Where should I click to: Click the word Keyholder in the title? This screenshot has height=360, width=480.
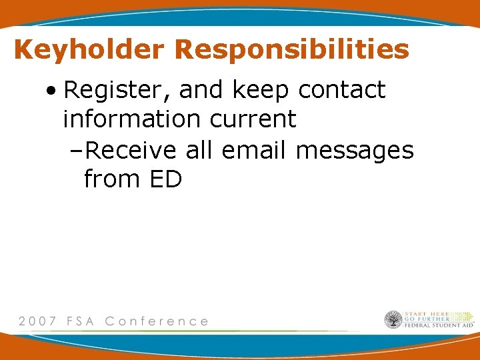pyautogui.click(x=88, y=50)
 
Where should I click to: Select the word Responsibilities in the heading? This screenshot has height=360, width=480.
pyautogui.click(x=292, y=50)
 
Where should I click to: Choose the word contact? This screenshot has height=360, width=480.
pyautogui.click(x=341, y=90)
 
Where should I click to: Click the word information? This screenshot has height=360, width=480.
pyautogui.click(x=131, y=120)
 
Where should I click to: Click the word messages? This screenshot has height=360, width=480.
pyautogui.click(x=355, y=150)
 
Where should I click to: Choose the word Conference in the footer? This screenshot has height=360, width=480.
pyautogui.click(x=157, y=321)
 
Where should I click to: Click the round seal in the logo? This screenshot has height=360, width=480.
pyautogui.click(x=393, y=320)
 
